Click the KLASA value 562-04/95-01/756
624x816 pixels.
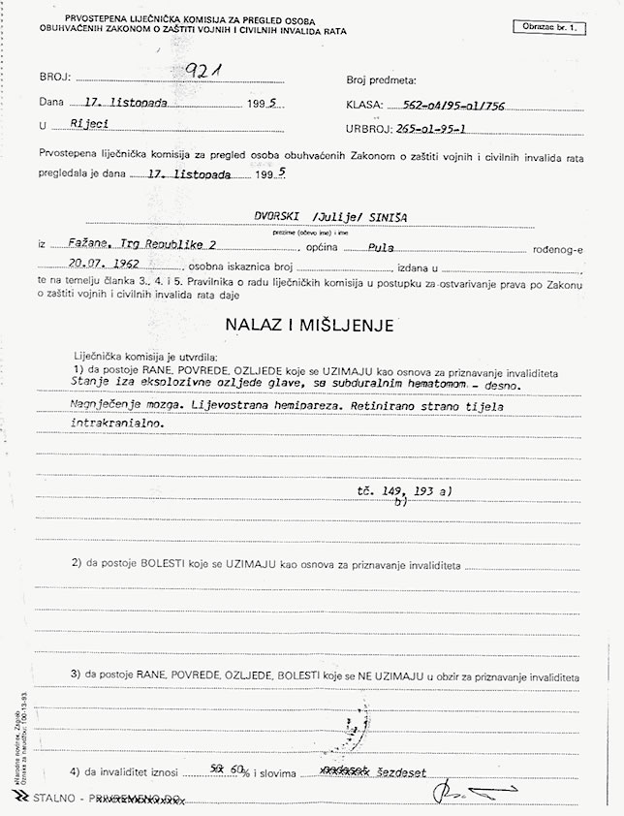tap(459, 104)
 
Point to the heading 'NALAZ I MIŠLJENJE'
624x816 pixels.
tap(311, 325)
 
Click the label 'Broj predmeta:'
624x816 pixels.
tap(381, 80)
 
